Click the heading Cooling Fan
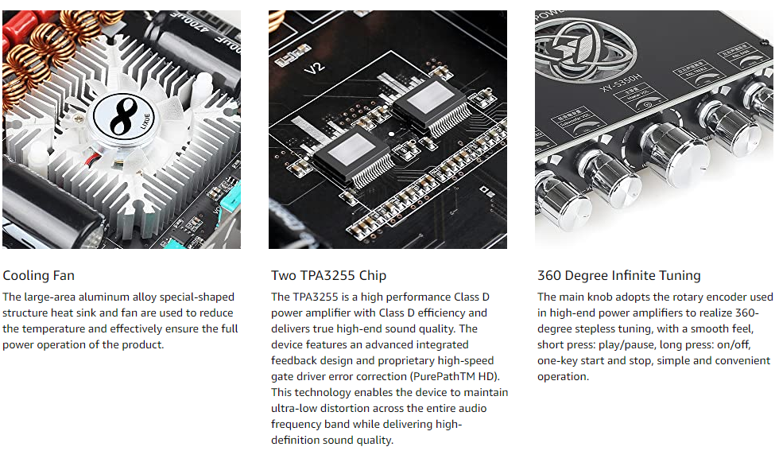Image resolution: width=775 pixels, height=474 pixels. tap(39, 275)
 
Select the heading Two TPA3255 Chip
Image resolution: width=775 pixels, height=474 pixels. tap(329, 275)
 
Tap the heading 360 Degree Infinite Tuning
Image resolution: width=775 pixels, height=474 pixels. tap(619, 275)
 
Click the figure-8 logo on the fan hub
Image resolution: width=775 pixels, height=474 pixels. tap(123, 117)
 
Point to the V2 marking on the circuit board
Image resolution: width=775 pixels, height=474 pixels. tap(314, 68)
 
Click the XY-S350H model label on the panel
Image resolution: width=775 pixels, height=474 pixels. tap(620, 83)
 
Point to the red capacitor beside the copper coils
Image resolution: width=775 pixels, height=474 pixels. tap(17, 27)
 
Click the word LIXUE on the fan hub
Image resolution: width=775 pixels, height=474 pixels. tap(145, 121)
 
